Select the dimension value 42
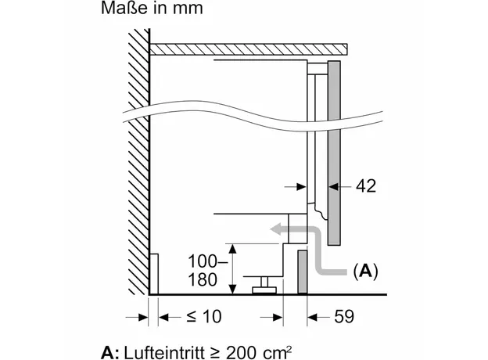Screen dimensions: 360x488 point(365,186)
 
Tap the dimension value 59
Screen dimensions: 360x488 point(343,317)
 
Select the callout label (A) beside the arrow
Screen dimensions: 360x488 point(365,272)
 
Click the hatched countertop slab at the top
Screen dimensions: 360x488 point(248,49)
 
